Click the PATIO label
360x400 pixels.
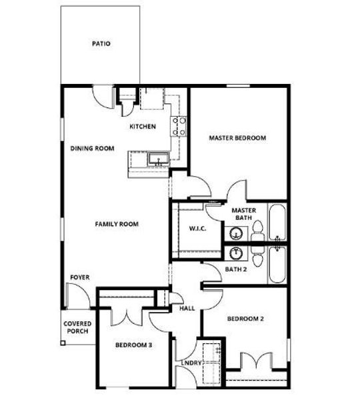[x=101, y=44]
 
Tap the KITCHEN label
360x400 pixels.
[x=143, y=126]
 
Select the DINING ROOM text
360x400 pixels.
[x=93, y=149]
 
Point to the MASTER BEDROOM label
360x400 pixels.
[x=237, y=138]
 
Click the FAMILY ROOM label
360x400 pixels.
[x=117, y=224]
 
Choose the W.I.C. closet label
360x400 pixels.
[x=197, y=229]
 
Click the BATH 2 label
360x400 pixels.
[x=237, y=269]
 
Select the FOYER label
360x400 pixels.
[x=80, y=277]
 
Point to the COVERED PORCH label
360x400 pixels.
[x=77, y=328]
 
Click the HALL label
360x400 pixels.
[x=187, y=309]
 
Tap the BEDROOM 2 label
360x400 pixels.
[x=245, y=319]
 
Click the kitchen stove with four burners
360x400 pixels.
[x=179, y=126]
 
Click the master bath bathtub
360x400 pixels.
[x=277, y=223]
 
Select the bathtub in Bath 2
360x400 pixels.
[x=277, y=265]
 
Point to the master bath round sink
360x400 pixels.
[x=237, y=233]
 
